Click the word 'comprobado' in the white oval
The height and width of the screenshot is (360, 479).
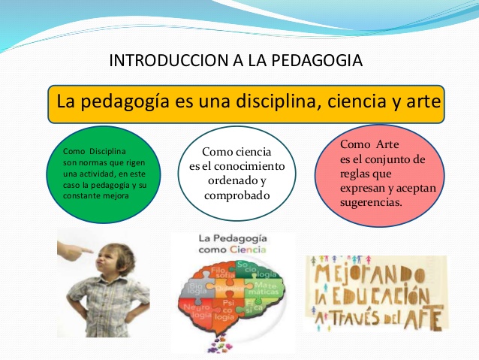237,195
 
